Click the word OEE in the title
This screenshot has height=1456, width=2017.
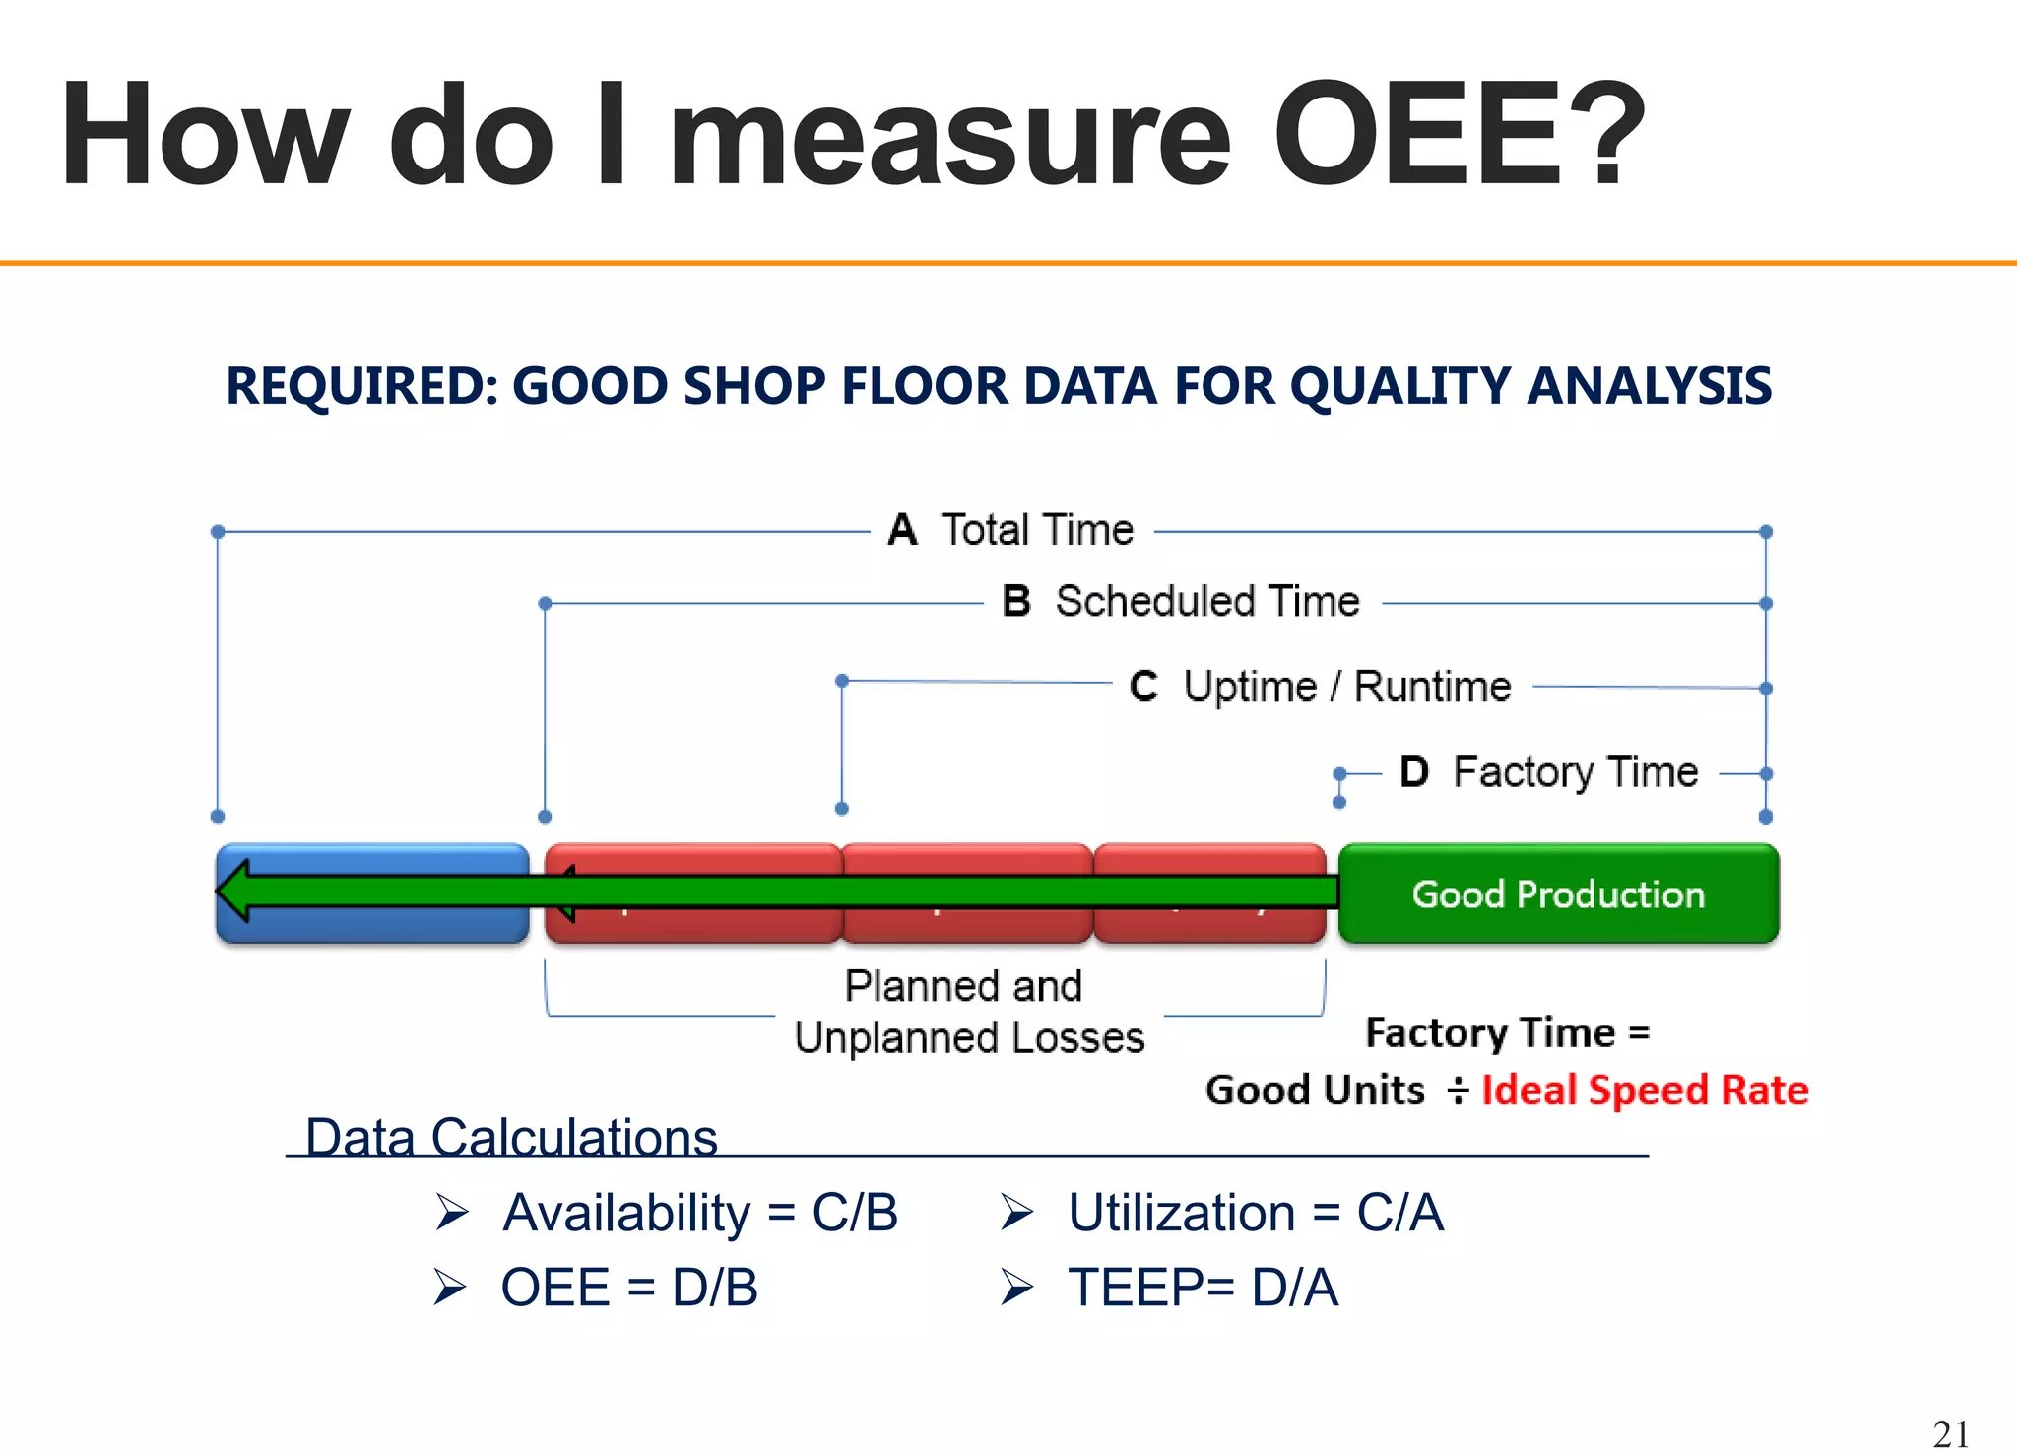point(1418,135)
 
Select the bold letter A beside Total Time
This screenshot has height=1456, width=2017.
point(902,530)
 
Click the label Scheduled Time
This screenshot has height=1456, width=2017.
point(1206,601)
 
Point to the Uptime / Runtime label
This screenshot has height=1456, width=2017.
point(1346,687)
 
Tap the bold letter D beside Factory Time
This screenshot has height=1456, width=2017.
point(1414,771)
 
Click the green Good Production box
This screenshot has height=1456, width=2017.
point(1558,893)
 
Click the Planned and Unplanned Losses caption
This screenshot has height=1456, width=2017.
point(968,1012)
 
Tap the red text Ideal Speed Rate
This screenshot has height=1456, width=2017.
point(1645,1091)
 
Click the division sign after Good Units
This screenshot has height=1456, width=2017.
point(1459,1091)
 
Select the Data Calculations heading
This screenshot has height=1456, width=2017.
point(511,1137)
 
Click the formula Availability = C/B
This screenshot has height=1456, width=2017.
point(699,1213)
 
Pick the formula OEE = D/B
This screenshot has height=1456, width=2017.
point(629,1288)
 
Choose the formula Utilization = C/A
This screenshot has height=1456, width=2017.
point(1256,1213)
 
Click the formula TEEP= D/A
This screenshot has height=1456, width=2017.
point(1204,1288)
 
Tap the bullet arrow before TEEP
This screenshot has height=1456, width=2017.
point(1016,1288)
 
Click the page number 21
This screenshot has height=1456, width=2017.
point(1951,1433)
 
